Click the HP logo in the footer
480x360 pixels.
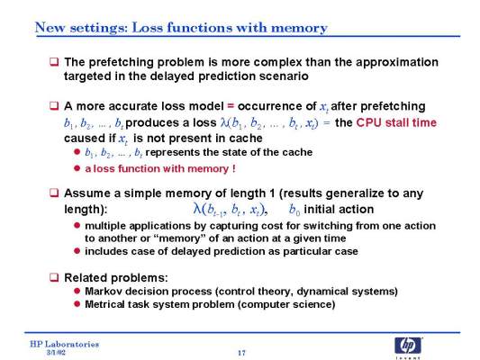point(408,346)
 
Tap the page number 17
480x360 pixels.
point(242,353)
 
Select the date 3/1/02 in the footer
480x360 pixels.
point(56,353)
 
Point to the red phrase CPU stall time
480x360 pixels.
point(396,122)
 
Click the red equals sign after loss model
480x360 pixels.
point(231,106)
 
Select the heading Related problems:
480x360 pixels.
point(116,278)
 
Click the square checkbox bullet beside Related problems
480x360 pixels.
point(54,277)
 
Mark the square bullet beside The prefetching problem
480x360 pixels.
point(54,62)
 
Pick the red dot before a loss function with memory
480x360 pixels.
point(77,168)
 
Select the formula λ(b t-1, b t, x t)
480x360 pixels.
point(231,210)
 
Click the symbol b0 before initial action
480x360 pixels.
point(294,210)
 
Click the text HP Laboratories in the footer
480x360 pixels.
point(64,344)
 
